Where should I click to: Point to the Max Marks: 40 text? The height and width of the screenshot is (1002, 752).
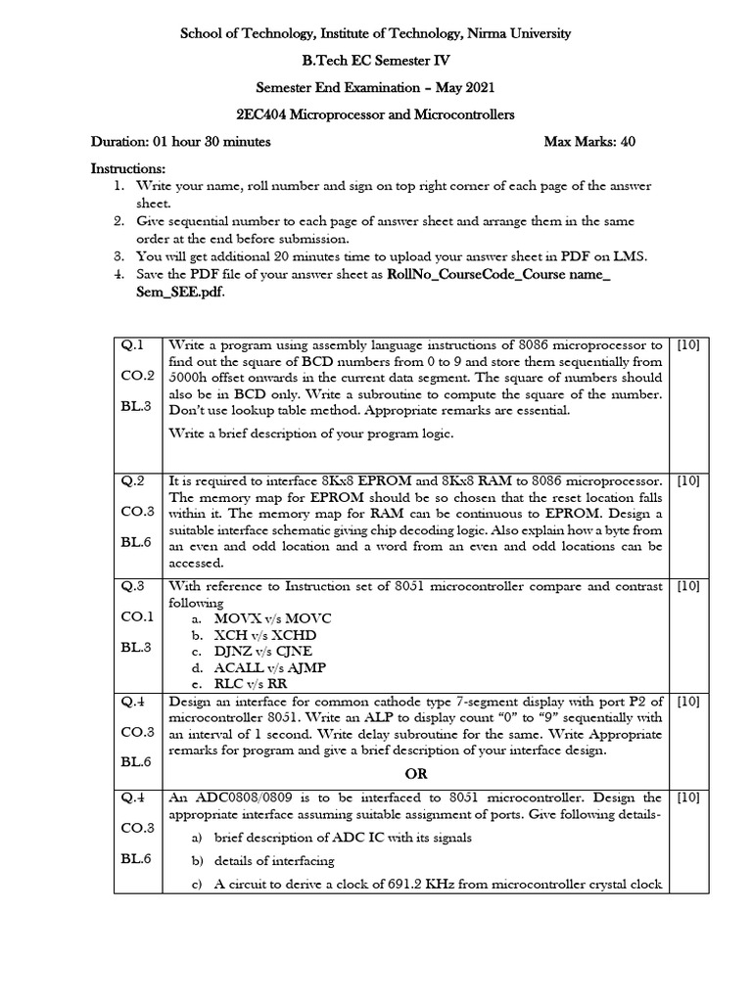click(x=589, y=142)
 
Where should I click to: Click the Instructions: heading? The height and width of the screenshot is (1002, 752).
click(x=128, y=169)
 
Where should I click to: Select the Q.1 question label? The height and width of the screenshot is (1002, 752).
click(x=132, y=344)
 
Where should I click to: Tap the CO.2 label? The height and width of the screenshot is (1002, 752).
click(x=137, y=376)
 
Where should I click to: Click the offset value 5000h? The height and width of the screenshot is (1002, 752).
click(x=194, y=378)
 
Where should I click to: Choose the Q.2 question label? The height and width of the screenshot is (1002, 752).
click(x=132, y=480)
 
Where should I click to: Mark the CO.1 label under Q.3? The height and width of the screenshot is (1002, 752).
click(x=137, y=616)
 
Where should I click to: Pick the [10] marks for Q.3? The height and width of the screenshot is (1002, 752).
click(x=688, y=586)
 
